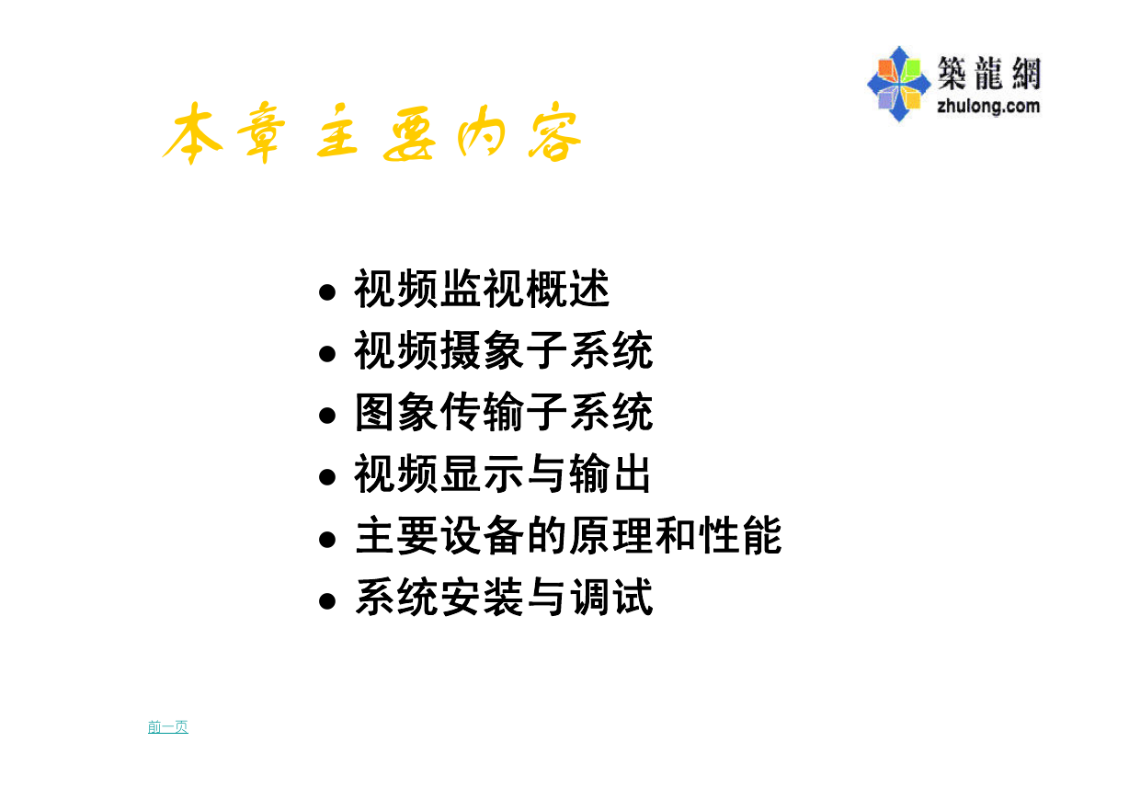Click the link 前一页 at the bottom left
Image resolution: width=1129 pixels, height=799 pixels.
coord(168,726)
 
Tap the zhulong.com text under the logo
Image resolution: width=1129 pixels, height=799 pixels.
coord(988,107)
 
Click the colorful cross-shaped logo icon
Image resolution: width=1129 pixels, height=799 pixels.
coord(898,85)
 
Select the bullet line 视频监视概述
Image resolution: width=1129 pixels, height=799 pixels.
coord(482,289)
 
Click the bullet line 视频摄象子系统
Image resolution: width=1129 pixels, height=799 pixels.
coord(504,349)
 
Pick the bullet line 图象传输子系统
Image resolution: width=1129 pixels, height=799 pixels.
coord(504,411)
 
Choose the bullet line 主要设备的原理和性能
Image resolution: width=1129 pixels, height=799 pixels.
coord(568,535)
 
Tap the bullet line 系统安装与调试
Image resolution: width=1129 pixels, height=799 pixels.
coord(504,597)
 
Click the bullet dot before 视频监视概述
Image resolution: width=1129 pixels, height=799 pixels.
coord(327,292)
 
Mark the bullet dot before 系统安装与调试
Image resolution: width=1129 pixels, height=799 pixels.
coord(327,601)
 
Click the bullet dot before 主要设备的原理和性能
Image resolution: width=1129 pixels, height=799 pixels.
coord(327,540)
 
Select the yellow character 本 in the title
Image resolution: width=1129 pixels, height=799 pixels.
coord(192,133)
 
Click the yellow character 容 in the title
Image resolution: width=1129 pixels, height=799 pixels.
coord(554,132)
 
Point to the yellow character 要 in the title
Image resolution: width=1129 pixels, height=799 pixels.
coord(409,133)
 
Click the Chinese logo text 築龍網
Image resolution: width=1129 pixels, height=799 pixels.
coord(989,73)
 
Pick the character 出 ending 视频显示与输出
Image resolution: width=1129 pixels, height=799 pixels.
coord(632,473)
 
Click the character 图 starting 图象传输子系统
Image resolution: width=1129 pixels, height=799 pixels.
coord(374,411)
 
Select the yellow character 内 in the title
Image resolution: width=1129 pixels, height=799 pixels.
coord(482,132)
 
